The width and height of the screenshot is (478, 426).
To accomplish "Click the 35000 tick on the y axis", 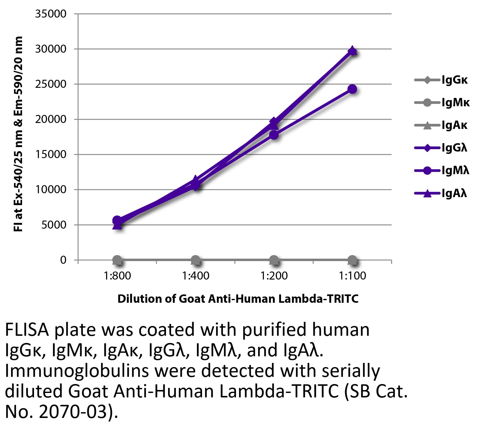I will point(51,14).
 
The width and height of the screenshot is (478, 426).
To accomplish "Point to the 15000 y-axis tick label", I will point(51,155).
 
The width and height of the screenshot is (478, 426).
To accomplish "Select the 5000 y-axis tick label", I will point(54,225).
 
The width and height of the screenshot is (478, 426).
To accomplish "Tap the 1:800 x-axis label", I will point(117,276).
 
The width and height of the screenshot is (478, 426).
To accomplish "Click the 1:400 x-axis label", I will point(196,276).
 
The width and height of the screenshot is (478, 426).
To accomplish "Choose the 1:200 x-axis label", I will point(274,276).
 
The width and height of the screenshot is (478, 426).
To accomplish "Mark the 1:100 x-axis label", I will point(353,276).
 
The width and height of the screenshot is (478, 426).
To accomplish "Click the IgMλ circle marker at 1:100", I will point(353,89).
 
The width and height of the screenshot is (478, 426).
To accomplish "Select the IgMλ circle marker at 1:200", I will point(274,135).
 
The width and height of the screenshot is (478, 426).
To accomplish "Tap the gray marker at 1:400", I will point(196,260).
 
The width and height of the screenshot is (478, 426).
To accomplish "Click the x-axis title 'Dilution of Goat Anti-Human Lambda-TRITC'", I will point(238,299).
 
